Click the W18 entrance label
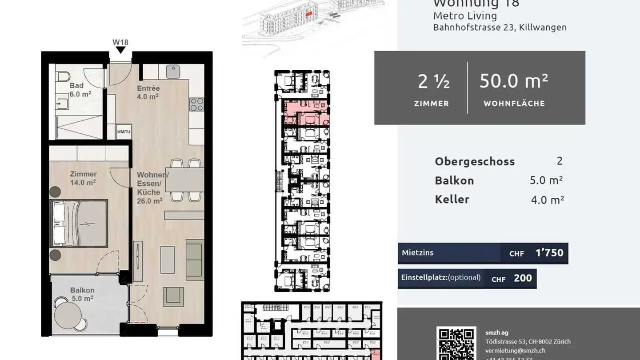(120, 43)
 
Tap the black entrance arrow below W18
(120, 50)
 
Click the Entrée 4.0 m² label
(148, 92)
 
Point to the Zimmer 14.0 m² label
(83, 178)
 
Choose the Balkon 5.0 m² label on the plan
(82, 294)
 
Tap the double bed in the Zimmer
(80, 223)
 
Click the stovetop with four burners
(196, 104)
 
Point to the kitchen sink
(173, 71)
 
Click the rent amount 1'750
(549, 253)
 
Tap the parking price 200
(523, 278)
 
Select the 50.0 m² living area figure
(514, 81)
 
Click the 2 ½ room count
(433, 82)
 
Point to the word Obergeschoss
(475, 161)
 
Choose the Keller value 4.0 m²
(547, 200)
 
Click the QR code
(456, 344)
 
